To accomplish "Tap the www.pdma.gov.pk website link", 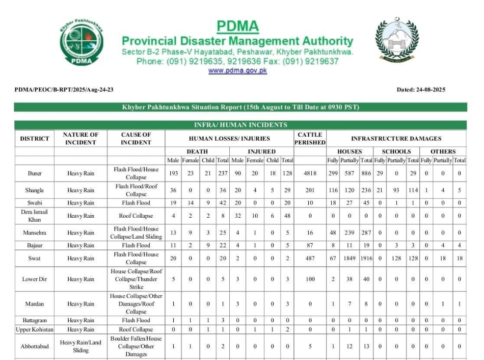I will coord(237,70).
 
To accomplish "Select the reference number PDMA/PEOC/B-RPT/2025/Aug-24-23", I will coord(64,90).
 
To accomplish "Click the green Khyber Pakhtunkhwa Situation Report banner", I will coord(240,107).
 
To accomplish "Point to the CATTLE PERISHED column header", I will coord(310,138).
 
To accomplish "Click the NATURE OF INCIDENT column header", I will coord(80,138).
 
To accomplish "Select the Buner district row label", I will coord(35,173).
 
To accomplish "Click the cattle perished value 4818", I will coord(310,173).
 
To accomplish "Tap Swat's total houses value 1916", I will coord(366,259).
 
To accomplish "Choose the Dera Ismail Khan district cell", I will coord(35,216).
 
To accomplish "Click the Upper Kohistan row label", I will coord(35,329).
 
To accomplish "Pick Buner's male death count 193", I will coord(173,173).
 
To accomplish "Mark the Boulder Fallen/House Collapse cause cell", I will coord(136,346).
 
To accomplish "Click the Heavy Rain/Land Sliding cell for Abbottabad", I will coord(80,346).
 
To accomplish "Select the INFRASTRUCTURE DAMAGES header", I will coord(396,138).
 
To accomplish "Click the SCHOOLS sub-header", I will coord(396,151).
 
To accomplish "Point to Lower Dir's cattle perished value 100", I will coord(310,279).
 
